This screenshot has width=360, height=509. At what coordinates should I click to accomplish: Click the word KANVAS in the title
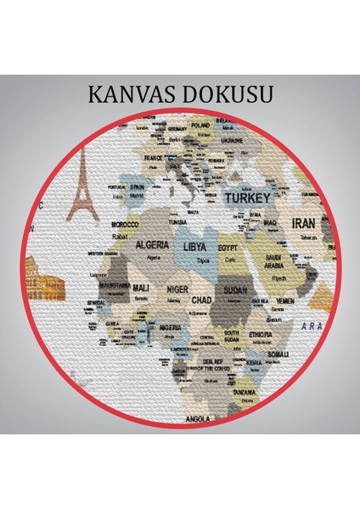132,93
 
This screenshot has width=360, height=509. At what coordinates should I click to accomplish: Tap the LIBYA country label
194,247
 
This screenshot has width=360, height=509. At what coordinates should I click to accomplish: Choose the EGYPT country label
228,247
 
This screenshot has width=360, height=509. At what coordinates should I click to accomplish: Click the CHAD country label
201,299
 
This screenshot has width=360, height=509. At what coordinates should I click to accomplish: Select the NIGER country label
177,288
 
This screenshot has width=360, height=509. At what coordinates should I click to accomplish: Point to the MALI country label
141,288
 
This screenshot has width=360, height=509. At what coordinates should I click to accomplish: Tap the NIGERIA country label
171,327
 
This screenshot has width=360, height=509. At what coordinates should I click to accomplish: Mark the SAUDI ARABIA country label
273,260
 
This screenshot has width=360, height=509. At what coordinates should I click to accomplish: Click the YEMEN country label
285,300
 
